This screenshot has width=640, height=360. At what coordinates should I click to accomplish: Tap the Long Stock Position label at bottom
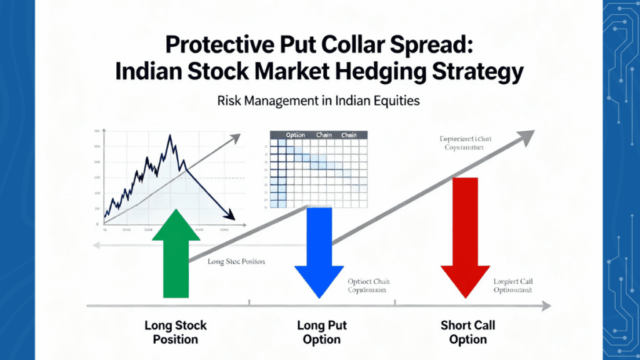click(176, 332)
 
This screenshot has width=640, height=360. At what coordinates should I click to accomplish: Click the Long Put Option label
click(322, 332)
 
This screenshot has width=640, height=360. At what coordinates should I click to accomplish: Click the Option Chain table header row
click(319, 134)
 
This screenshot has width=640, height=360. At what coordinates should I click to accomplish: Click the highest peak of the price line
click(169, 136)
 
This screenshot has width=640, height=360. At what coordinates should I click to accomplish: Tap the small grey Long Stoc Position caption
click(236, 261)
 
